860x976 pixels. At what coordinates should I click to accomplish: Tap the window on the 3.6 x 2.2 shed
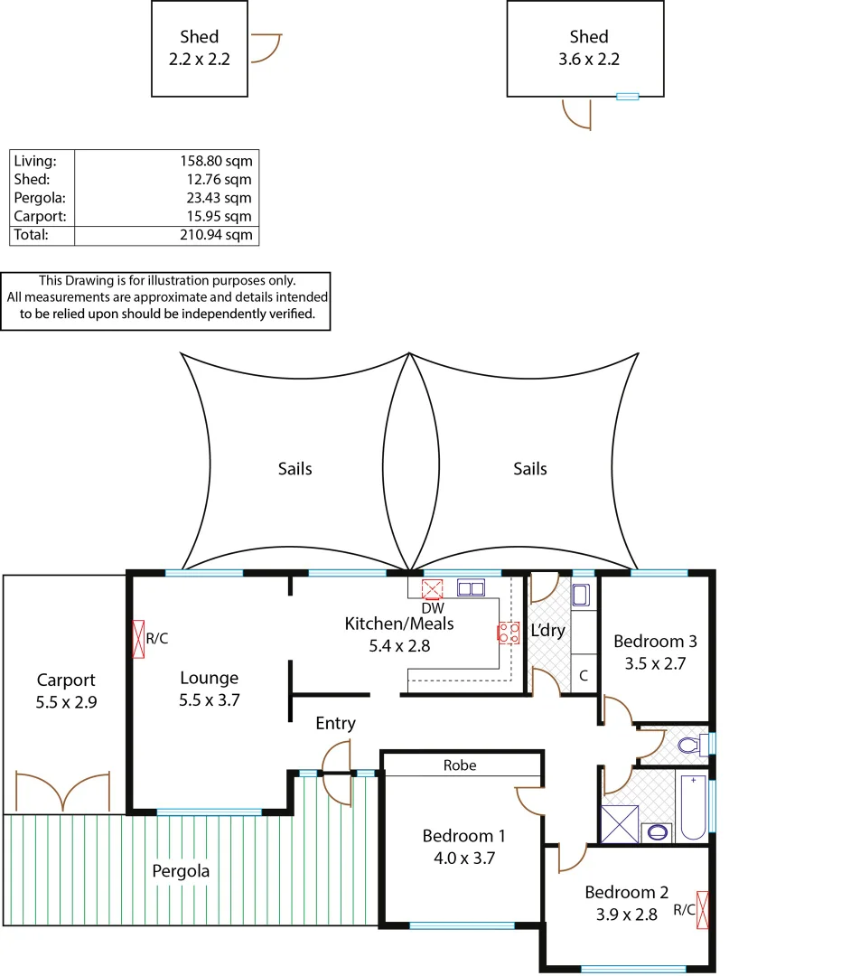(627, 96)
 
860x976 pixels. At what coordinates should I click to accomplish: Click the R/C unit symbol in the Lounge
(139, 639)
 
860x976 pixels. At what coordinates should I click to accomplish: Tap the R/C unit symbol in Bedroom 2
(703, 910)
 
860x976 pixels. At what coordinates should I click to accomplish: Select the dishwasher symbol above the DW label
(433, 589)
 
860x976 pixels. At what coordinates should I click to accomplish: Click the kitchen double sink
(471, 589)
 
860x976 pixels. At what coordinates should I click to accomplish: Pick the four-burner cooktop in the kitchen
(508, 633)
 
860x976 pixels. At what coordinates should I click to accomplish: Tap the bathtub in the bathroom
(694, 806)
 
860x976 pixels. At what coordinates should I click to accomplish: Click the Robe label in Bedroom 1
(459, 765)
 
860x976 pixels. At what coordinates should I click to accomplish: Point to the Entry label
(335, 724)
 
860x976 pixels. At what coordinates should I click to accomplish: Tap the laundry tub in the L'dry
(582, 596)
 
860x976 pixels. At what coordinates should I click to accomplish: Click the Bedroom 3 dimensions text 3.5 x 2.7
(655, 662)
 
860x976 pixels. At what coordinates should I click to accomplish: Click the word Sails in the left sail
(295, 469)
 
